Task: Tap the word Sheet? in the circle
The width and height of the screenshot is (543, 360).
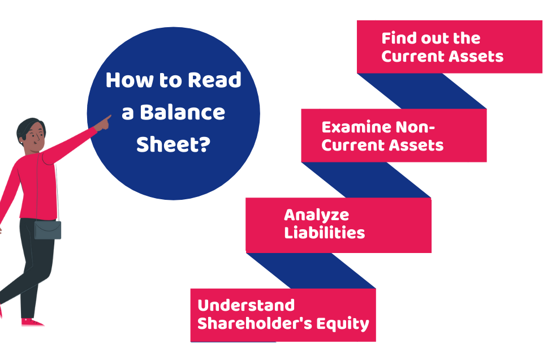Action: [174, 144]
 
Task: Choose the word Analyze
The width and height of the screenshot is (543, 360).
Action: [316, 215]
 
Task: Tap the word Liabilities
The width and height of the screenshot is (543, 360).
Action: [324, 232]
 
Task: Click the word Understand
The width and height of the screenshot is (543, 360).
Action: [246, 305]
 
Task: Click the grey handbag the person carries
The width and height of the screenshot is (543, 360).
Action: [48, 229]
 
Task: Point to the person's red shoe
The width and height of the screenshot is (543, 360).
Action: [32, 322]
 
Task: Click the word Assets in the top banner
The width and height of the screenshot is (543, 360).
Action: [475, 56]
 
